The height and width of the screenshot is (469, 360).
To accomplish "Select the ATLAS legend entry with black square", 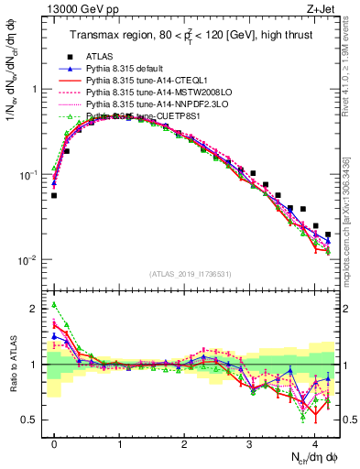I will [101, 58].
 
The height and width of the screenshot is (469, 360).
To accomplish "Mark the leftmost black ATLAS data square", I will [54, 195].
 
